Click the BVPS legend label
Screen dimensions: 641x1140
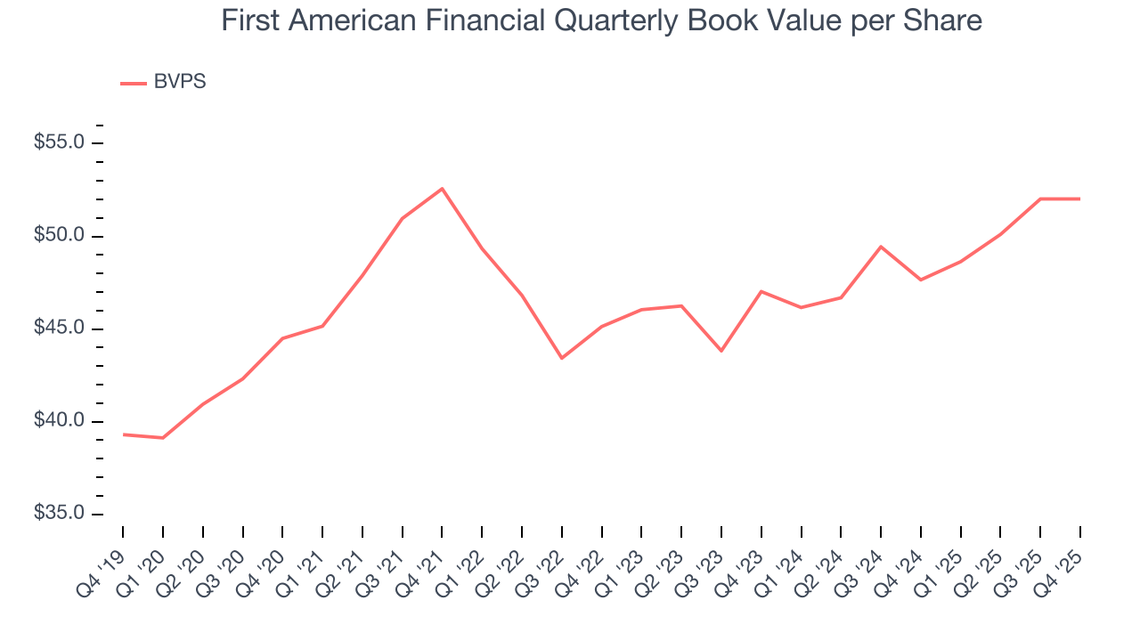pyautogui.click(x=180, y=82)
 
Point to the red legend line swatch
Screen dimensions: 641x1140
pyautogui.click(x=134, y=83)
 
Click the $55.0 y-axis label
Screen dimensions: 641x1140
pyautogui.click(x=60, y=142)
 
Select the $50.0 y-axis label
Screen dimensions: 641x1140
pyautogui.click(x=60, y=236)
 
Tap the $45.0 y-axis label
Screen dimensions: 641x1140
pyautogui.click(x=60, y=329)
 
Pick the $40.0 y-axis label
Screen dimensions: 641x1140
pyautogui.click(x=60, y=421)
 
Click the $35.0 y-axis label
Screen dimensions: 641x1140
pyautogui.click(x=60, y=514)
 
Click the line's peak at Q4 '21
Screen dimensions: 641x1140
pyautogui.click(x=442, y=189)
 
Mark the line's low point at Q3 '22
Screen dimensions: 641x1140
pyautogui.click(x=562, y=358)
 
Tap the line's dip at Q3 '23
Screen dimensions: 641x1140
pyautogui.click(x=721, y=351)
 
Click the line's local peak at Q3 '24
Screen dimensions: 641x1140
pyautogui.click(x=881, y=247)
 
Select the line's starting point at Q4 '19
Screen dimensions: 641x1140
pyautogui.click(x=123, y=434)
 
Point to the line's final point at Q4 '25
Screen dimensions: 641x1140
pyautogui.click(x=1080, y=199)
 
